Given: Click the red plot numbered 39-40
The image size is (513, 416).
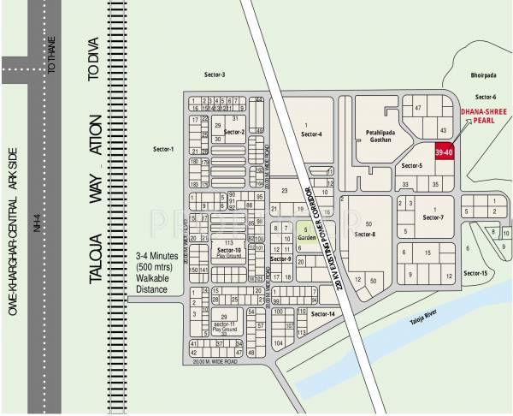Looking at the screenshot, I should point(444,152).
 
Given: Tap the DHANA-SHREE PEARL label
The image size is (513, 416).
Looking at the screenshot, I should point(481,116).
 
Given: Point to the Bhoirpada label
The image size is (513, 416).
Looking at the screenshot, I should point(483,76).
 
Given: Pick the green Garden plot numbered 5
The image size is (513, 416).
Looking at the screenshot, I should point(305,233).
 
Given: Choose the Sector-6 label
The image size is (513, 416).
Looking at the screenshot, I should point(485,97).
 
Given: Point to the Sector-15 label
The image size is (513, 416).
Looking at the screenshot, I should point(475,273).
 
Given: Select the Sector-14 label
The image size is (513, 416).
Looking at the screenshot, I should point(322,314).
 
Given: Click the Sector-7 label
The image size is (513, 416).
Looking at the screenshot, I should point(433,217).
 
